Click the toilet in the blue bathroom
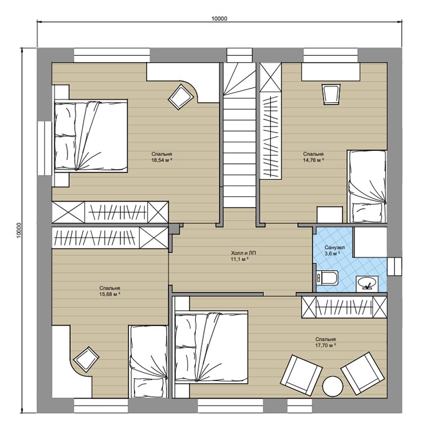327,278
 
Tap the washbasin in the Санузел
367,283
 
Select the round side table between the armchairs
333,387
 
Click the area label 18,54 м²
161,160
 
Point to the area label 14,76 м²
313,160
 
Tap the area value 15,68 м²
110,294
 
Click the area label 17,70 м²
326,345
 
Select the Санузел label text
335,248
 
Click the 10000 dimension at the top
219,19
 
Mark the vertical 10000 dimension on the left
19,230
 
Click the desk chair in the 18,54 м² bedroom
179,97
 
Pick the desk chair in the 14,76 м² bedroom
331,94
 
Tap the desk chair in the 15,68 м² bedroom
86,358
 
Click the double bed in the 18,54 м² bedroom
91,136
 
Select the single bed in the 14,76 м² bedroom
367,186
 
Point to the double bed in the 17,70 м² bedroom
212,347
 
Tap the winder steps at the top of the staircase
240,79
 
